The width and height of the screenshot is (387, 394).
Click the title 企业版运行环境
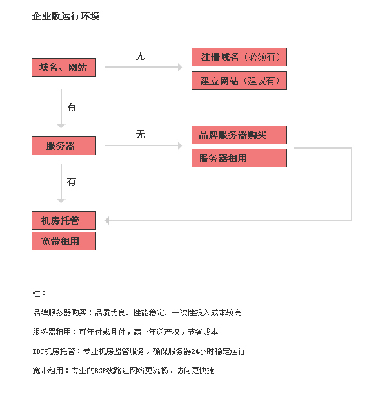(66, 16)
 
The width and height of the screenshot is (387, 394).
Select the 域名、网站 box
(64, 68)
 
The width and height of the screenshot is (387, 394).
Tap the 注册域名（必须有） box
(239, 57)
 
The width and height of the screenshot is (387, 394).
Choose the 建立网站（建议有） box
(239, 80)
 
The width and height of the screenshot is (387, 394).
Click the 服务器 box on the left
(64, 145)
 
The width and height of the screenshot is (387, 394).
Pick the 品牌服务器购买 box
(239, 135)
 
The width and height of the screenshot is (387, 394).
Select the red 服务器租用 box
(239, 158)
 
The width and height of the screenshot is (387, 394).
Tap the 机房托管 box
(64, 220)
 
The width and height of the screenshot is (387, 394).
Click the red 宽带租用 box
(64, 241)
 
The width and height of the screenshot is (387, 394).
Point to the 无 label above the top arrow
(141, 55)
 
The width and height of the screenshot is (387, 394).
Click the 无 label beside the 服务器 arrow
(141, 134)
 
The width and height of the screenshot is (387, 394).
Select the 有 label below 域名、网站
(71, 108)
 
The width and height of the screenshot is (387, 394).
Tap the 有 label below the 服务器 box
(71, 182)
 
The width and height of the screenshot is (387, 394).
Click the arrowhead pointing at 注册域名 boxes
(180, 67)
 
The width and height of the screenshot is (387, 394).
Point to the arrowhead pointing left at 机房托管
(107, 221)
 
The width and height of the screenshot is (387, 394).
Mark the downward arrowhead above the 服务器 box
(61, 126)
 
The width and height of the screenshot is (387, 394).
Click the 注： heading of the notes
(39, 293)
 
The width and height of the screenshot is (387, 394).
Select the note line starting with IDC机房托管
(139, 351)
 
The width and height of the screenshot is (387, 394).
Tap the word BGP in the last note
(100, 371)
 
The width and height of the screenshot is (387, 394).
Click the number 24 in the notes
(195, 352)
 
